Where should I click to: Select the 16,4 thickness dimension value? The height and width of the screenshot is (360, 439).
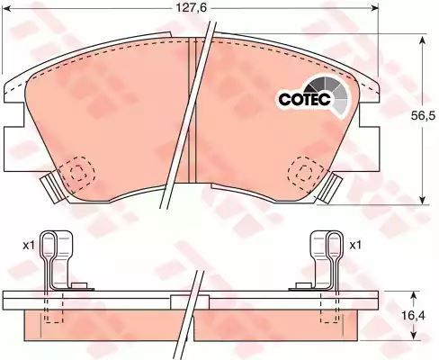tap(414, 315)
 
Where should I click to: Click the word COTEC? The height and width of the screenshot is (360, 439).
tap(304, 99)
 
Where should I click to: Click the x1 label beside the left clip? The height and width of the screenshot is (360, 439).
tap(29, 246)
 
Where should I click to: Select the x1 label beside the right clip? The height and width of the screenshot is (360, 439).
tap(355, 246)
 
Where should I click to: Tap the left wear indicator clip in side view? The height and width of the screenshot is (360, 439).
tap(57, 260)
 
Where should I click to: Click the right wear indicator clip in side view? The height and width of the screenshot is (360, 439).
tap(326, 260)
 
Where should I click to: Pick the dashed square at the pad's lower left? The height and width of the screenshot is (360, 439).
tap(77, 173)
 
